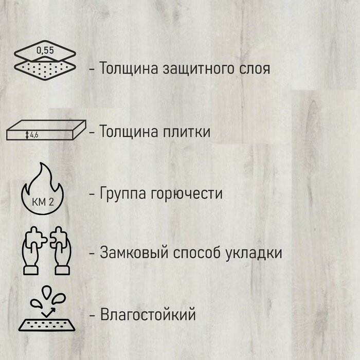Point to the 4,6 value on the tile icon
[34, 135]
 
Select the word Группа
[123, 194]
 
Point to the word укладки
[256, 254]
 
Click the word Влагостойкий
[148, 314]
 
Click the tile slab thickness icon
[46, 133]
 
